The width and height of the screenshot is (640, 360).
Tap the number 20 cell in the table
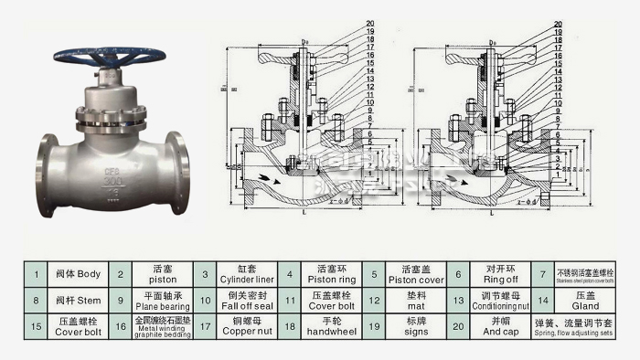(457, 325)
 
